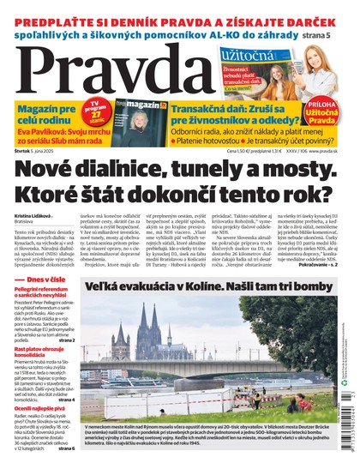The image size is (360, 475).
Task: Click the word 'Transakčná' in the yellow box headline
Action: [196, 104]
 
